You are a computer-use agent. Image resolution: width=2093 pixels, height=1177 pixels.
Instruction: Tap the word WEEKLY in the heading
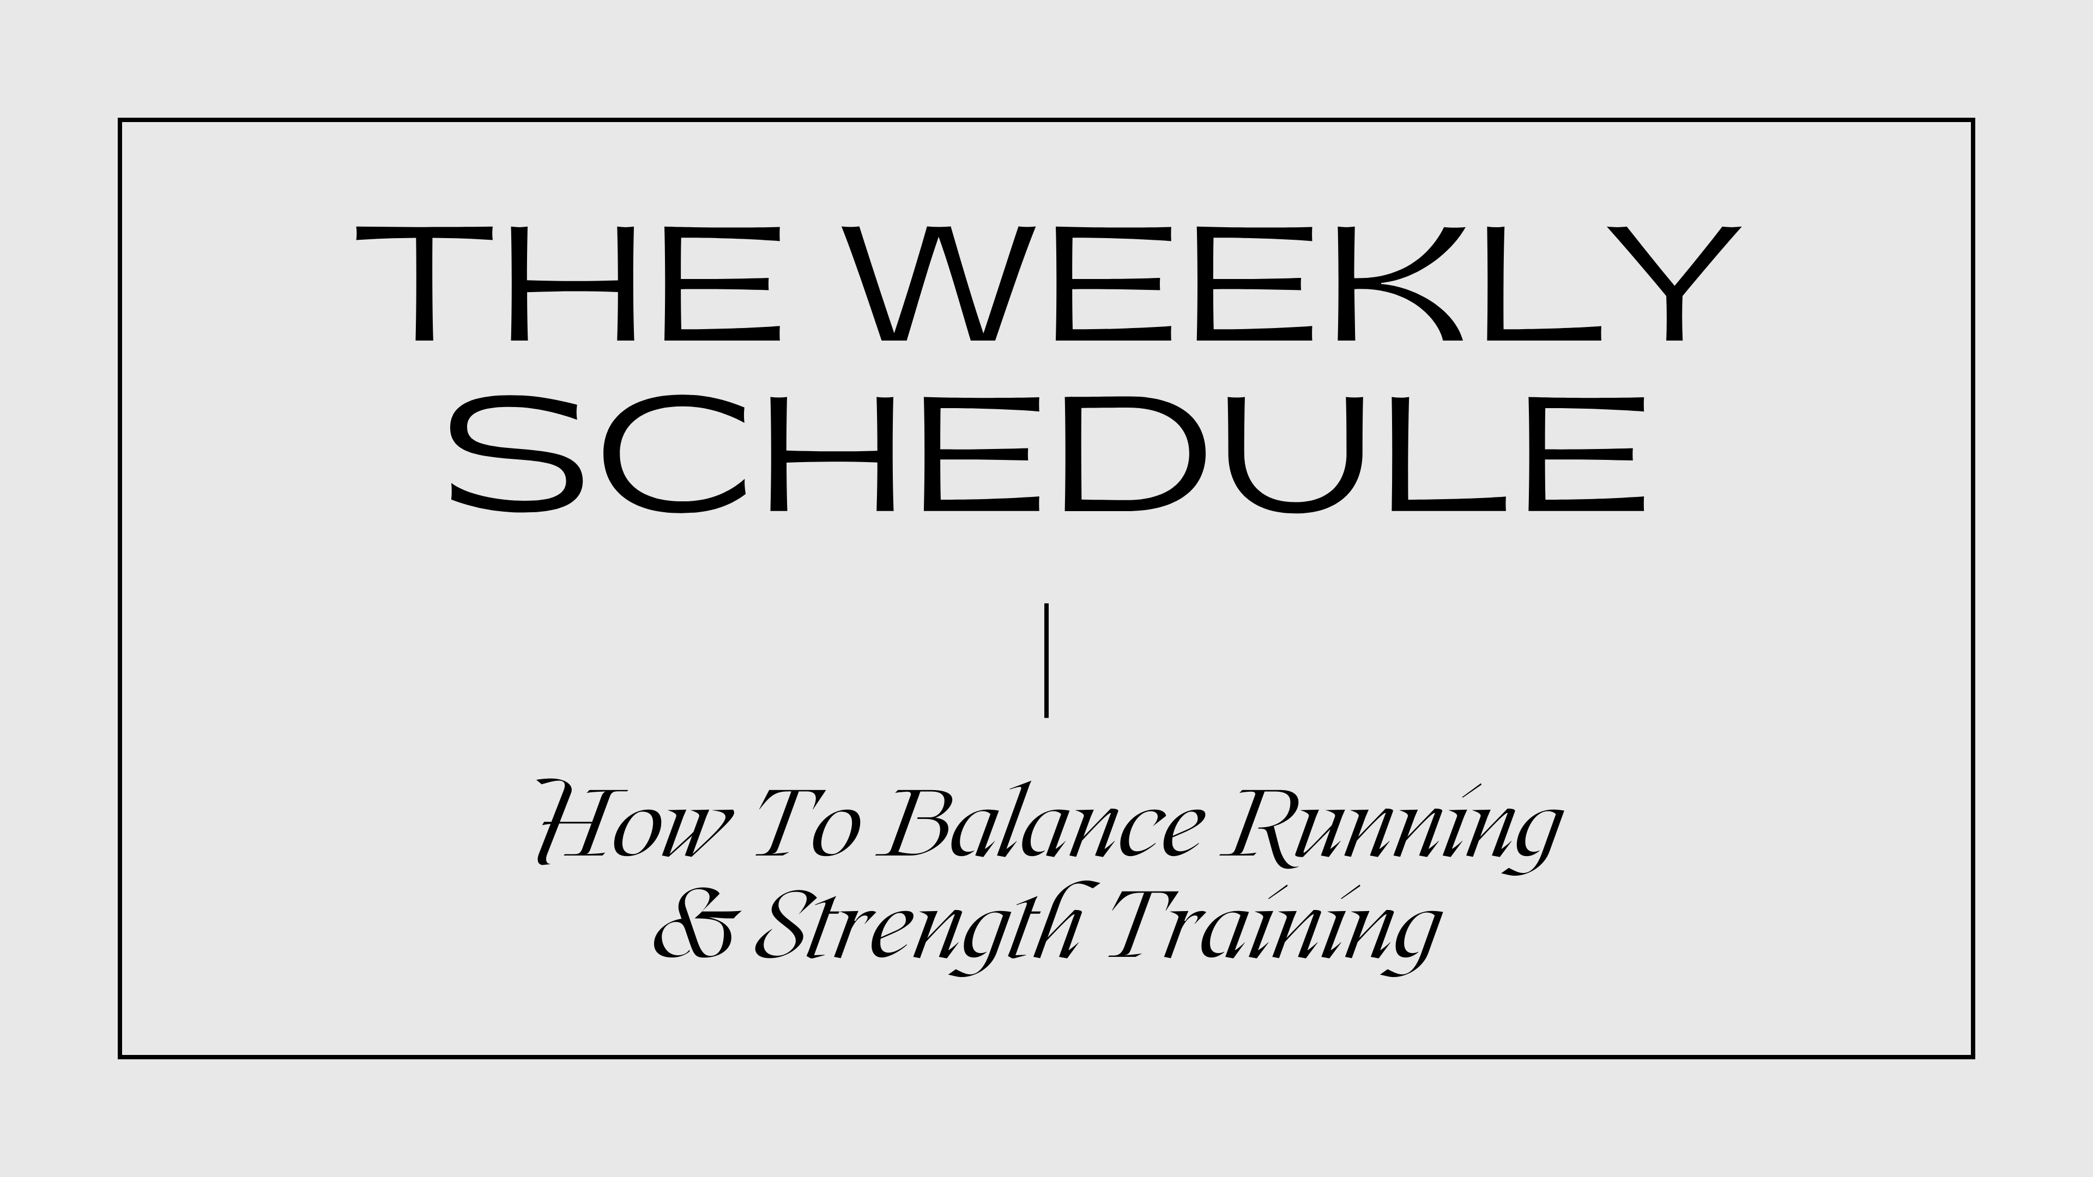(1290, 283)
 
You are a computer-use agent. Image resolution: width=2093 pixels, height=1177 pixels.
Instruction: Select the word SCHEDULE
(1046, 454)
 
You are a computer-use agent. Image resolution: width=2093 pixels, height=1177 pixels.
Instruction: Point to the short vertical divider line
(1046, 659)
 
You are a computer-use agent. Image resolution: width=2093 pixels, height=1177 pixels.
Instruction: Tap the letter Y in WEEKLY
(1674, 283)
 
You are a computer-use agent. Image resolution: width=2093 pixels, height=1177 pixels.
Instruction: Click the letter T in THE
(424, 283)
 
